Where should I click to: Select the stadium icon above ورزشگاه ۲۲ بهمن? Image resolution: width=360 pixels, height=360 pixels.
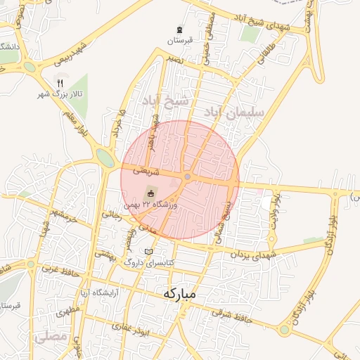click(x=150, y=193)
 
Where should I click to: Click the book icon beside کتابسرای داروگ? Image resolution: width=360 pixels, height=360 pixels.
click(x=148, y=252)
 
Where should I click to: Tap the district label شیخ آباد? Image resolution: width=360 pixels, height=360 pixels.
click(x=165, y=101)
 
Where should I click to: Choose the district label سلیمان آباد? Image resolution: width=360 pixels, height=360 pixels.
click(x=234, y=112)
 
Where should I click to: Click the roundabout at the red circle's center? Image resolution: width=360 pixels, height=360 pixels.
click(x=188, y=176)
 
